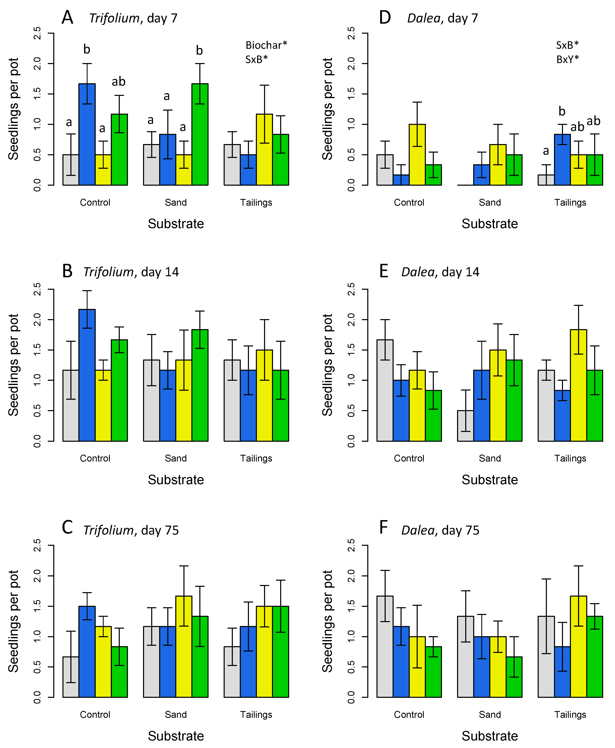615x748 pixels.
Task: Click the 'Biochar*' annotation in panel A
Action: pyautogui.click(x=266, y=45)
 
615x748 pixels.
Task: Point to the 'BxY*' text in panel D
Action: pyautogui.click(x=567, y=60)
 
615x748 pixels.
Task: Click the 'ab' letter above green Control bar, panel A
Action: pyautogui.click(x=119, y=82)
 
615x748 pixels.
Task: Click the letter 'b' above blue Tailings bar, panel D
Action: pyautogui.click(x=562, y=112)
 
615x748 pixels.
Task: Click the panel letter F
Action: pyautogui.click(x=383, y=527)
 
